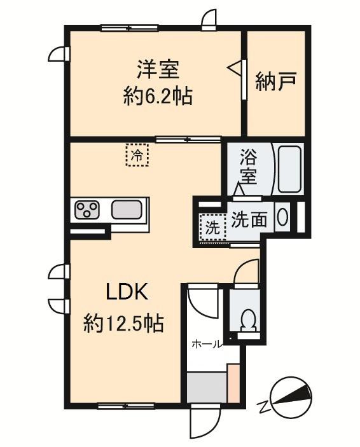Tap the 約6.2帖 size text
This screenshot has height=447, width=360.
157,97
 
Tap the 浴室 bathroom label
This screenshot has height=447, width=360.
248,166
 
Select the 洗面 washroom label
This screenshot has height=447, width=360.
249,219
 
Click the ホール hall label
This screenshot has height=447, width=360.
207,344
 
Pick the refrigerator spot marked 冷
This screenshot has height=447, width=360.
136,155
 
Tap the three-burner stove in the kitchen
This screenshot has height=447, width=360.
88,210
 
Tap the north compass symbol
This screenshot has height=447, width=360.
290,397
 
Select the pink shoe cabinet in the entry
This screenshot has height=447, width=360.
233,382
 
